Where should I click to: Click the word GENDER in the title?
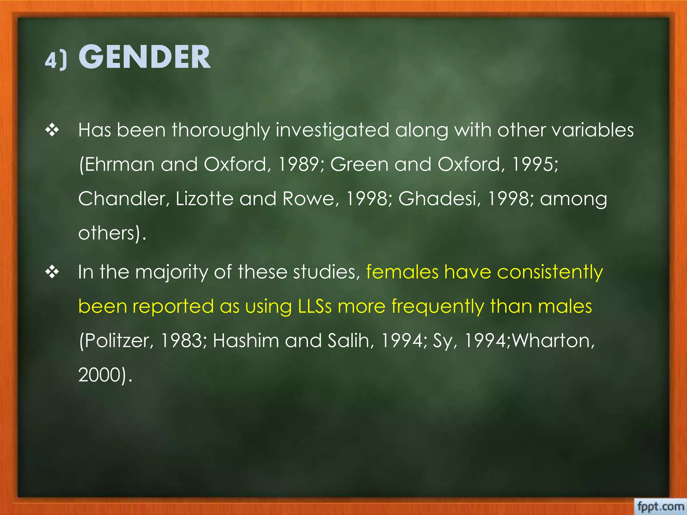(145, 57)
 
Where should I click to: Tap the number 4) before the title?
(56, 60)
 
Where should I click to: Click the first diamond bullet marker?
(52, 130)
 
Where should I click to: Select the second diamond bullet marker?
(52, 272)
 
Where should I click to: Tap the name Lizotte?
(205, 199)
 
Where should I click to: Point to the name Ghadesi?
(439, 199)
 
